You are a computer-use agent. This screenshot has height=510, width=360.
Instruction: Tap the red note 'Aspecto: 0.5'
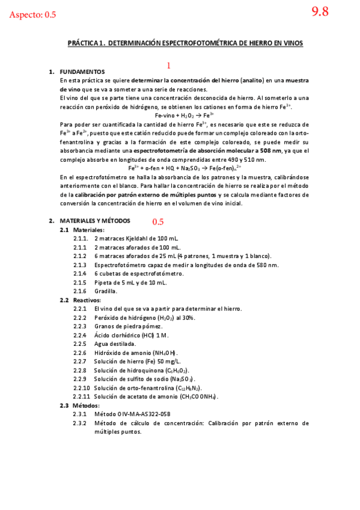[x=33, y=15]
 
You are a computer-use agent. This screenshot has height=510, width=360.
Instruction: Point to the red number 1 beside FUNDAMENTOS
[x=169, y=66]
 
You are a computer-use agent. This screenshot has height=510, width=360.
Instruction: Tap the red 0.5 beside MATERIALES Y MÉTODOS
[x=158, y=222]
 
